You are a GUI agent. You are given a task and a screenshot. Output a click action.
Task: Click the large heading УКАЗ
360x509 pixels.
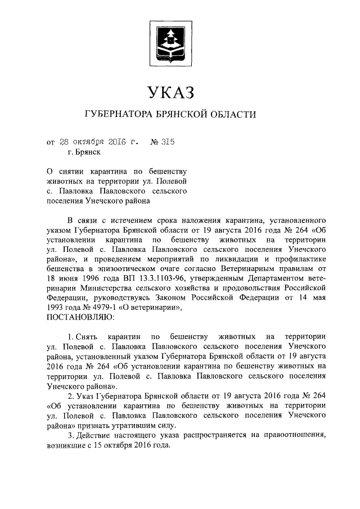pyautogui.click(x=170, y=91)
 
